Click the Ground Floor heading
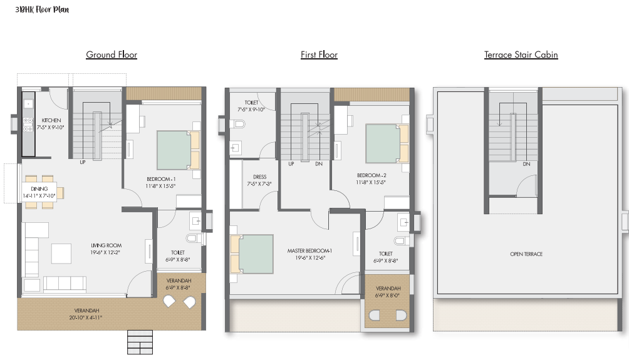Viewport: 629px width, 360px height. click(112, 54)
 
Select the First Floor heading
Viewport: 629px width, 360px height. click(319, 54)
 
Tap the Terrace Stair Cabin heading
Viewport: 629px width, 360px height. click(521, 54)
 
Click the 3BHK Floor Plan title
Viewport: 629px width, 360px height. click(42, 9)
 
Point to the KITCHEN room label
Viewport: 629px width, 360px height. click(51, 120)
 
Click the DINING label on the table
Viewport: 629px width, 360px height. click(39, 189)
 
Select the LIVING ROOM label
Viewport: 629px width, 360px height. click(106, 245)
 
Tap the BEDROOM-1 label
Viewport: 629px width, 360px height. click(161, 179)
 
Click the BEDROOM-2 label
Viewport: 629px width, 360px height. click(372, 175)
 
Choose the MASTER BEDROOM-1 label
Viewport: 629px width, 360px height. click(309, 251)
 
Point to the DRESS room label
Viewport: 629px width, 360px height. click(259, 177)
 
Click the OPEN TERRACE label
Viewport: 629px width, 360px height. click(526, 254)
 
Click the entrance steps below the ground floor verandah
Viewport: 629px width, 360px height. click(140, 342)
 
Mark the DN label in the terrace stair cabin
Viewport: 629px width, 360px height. click(526, 164)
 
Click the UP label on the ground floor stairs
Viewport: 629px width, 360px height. click(83, 162)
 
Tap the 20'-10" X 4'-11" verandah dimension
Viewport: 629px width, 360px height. click(86, 317)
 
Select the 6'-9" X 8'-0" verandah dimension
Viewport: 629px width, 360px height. click(388, 296)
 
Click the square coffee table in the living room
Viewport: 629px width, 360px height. click(61, 254)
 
